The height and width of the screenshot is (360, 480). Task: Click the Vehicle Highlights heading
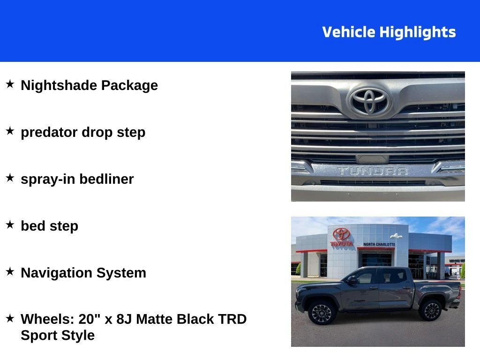[x=389, y=32]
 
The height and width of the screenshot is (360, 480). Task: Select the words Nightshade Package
[x=89, y=85]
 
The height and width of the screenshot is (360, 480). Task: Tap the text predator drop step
[x=83, y=132]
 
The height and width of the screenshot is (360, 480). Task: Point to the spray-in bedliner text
[x=77, y=179]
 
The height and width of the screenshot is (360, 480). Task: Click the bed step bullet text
[x=49, y=226]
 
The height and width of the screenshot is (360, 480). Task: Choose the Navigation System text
[x=83, y=273]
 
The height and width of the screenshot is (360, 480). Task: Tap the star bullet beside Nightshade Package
[x=10, y=84]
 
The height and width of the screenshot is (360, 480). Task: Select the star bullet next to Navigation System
[x=10, y=272]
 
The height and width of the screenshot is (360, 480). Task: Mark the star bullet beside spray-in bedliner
[x=10, y=178]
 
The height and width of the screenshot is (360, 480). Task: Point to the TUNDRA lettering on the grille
[x=373, y=171]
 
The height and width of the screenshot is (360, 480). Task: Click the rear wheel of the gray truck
[x=431, y=310]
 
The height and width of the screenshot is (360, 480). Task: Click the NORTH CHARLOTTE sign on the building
[x=379, y=244]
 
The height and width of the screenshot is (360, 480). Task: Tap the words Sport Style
[x=58, y=336]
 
